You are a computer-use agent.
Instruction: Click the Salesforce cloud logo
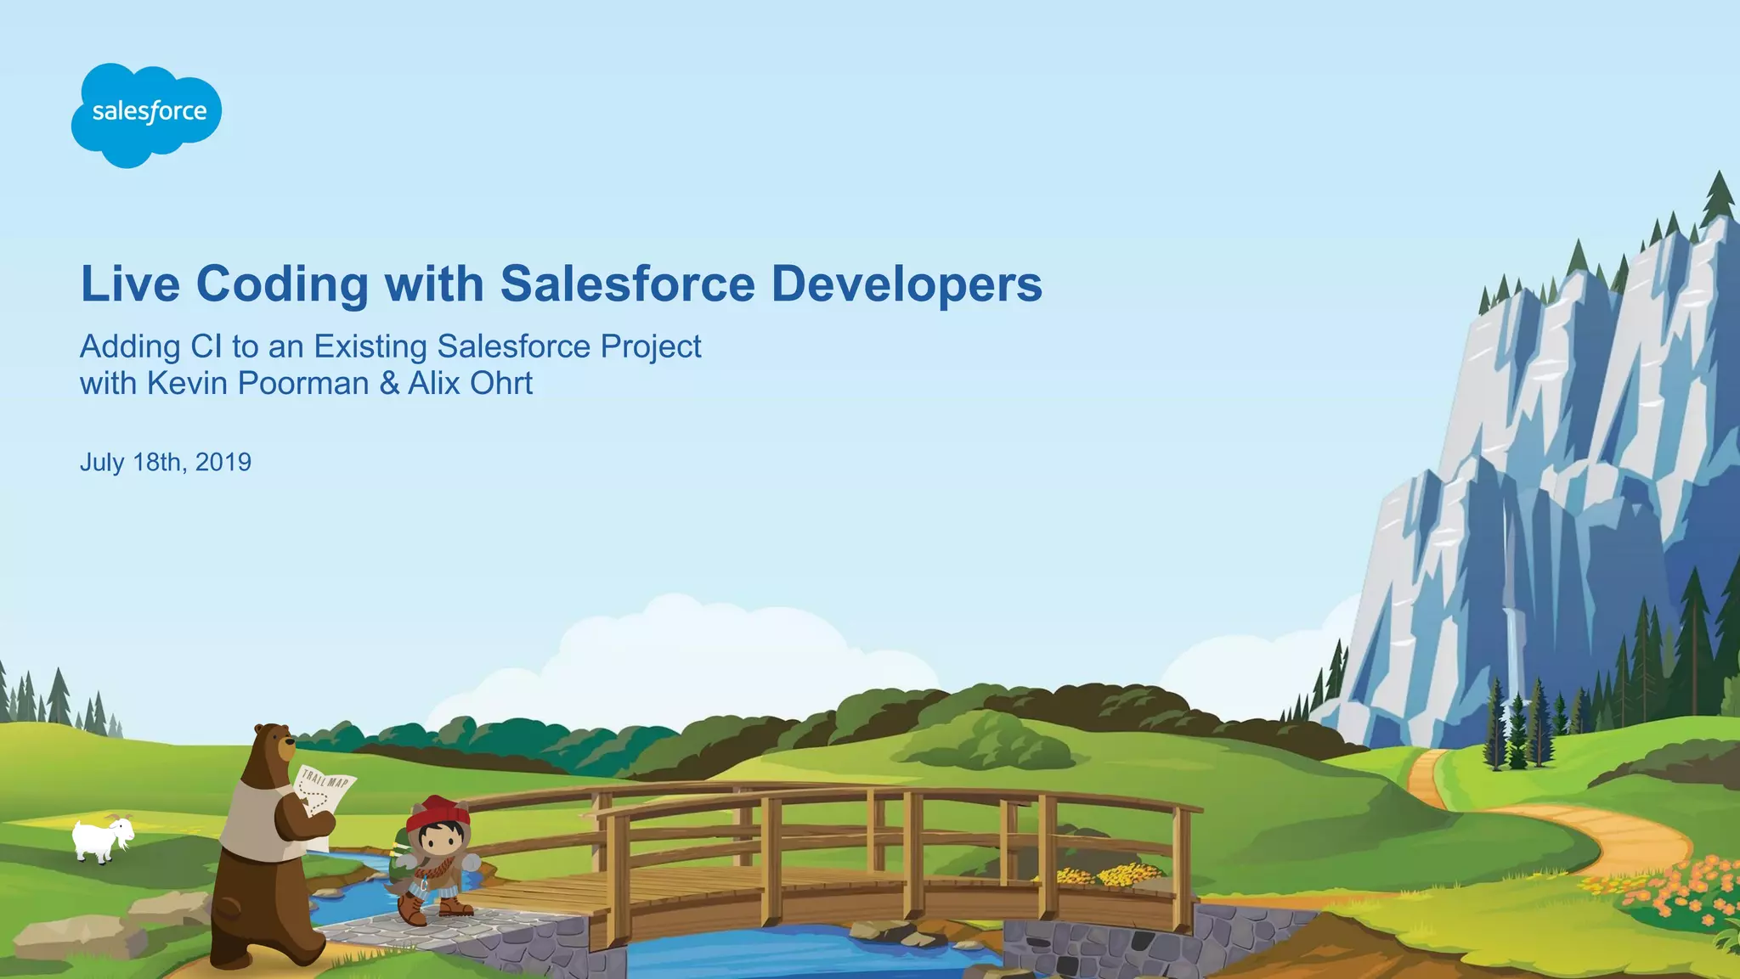147,114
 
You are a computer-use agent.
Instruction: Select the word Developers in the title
906,284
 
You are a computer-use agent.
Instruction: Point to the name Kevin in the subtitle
188,384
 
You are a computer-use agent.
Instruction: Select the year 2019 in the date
223,463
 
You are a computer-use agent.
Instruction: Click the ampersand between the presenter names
389,384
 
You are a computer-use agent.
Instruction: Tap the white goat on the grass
103,839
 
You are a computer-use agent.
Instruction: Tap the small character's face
438,841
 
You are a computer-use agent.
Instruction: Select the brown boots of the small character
433,911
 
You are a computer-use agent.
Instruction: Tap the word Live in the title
130,284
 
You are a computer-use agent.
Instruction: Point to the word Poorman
303,384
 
